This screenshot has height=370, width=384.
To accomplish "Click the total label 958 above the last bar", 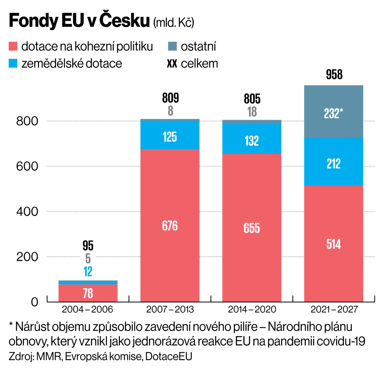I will pos(334,75).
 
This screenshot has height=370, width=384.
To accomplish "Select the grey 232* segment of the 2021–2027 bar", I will pos(333,112).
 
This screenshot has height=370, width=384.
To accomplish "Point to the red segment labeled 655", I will pos(252,228).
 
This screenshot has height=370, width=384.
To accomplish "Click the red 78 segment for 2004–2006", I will pos(88,293).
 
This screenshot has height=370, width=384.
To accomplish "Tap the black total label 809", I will pos(170,98).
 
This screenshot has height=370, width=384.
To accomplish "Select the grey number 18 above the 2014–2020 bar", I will pos(252,112).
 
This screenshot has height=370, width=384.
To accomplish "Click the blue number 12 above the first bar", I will pos(88,271).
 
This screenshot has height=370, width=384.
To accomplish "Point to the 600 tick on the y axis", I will pos(27,166).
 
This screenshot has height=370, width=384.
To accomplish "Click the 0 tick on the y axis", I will pos(34,302).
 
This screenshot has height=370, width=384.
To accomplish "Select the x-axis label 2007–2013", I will pos(170,309).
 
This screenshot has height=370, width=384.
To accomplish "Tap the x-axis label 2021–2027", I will pos(334,309).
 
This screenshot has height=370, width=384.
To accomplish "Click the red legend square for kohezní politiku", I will pos(13,46).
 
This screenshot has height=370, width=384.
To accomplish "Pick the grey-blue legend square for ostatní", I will pos(172,46).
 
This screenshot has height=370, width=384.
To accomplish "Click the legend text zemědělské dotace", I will pos(71,64).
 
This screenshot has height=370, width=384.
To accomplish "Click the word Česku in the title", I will pos(124,20).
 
